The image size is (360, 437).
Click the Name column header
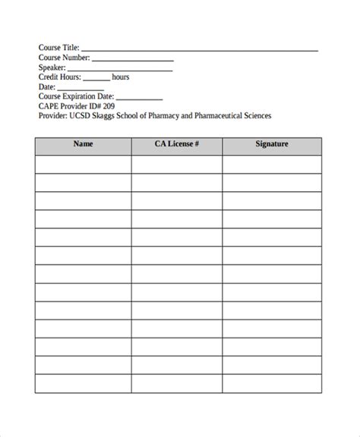83,143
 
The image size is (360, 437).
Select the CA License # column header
176,143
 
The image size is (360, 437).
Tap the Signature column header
271,143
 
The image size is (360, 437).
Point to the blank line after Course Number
132,60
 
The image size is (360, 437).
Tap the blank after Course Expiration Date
139,99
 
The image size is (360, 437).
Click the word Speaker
52,67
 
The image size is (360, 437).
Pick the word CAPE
49,106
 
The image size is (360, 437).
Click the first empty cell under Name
83,164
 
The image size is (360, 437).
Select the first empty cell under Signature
271,164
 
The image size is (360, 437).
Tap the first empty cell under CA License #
176,164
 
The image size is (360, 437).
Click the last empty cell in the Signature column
271,384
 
